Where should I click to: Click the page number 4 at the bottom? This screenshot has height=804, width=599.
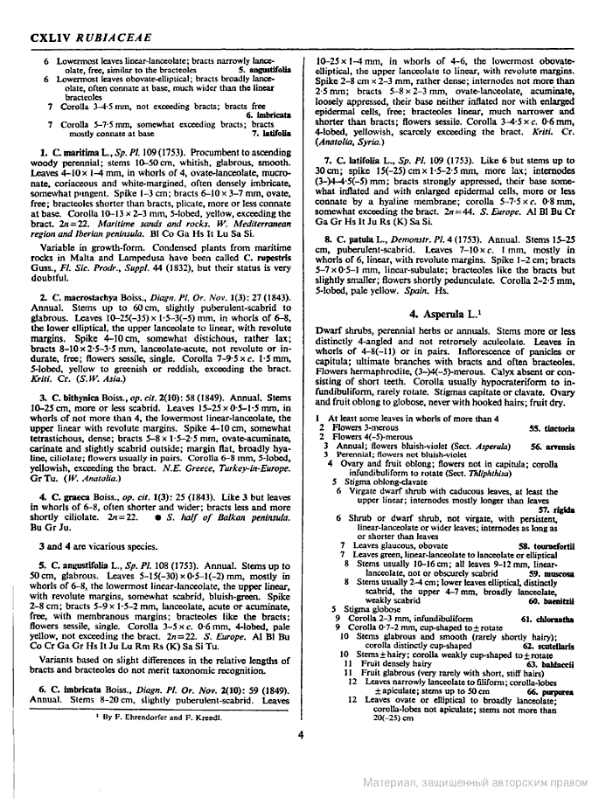click(300, 735)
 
